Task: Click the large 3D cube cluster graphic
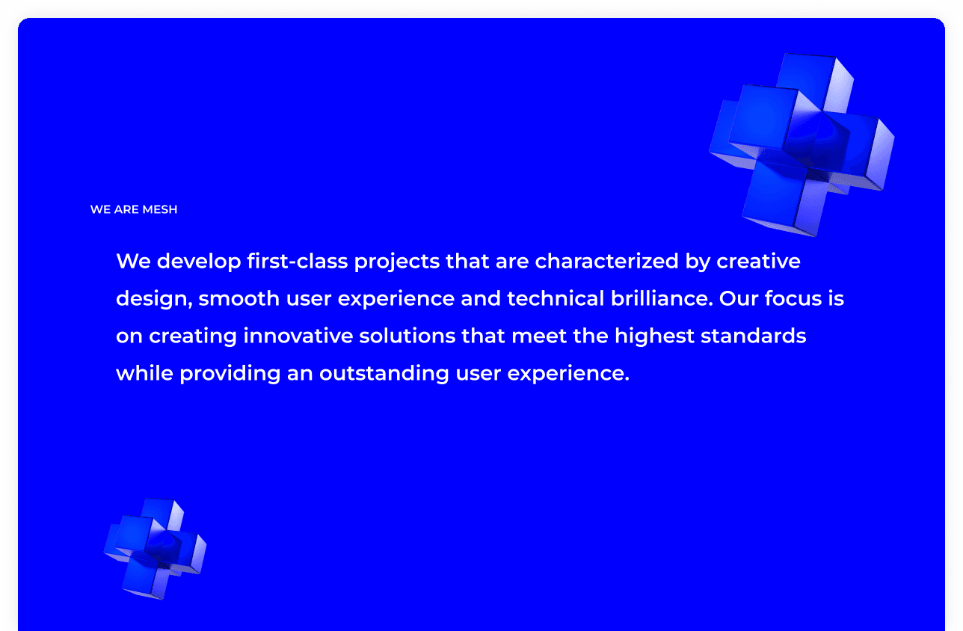(x=802, y=144)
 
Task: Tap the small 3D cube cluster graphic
(x=156, y=548)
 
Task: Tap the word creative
(x=758, y=262)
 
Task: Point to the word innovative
(x=298, y=336)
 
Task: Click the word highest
(x=654, y=336)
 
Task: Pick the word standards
(x=753, y=336)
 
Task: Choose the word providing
(x=230, y=374)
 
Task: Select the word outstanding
(x=384, y=374)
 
